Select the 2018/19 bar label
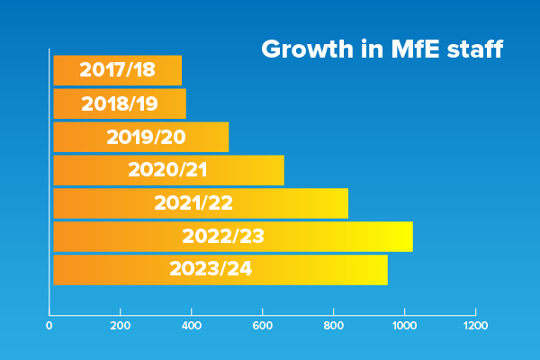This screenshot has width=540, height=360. tap(120, 103)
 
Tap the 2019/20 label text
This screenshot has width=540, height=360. tap(145, 137)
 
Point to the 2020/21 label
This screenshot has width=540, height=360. tap(168, 170)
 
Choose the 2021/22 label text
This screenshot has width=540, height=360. tap(193, 203)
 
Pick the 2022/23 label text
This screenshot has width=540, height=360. tap(223, 237)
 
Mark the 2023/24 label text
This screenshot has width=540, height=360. tap(211, 269)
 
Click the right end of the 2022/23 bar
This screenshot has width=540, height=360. tap(411, 237)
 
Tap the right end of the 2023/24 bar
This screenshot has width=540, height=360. tap(386, 270)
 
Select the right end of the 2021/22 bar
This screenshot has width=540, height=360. tap(346, 203)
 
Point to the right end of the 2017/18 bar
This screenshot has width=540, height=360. tap(180, 70)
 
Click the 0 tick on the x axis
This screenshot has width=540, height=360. tap(49, 325)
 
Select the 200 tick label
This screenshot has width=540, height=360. tap(121, 325)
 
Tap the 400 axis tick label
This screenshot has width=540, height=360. tap(192, 325)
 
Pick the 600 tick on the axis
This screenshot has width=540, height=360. tap(263, 325)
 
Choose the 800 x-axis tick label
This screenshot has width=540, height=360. tap(334, 325)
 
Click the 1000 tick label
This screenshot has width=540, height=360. tap(404, 325)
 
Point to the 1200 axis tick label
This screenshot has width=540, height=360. tap(475, 325)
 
